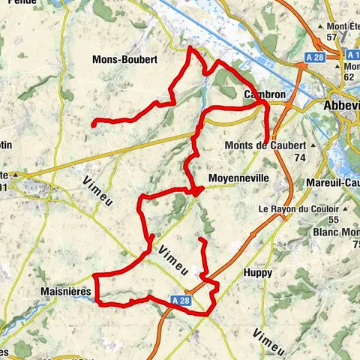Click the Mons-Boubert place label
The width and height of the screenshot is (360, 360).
124,58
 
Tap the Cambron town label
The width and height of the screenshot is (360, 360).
263,95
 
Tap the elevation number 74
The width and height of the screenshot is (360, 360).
301,157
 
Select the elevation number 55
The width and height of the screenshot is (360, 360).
334,219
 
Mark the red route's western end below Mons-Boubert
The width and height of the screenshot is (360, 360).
92,123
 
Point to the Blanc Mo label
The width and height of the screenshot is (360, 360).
335,232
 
